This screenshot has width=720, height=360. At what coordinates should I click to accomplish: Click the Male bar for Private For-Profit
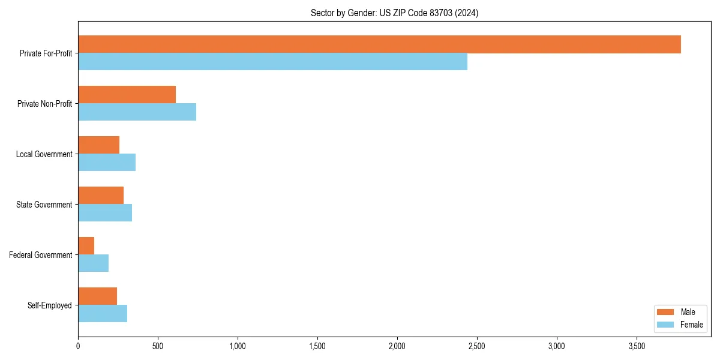point(379,44)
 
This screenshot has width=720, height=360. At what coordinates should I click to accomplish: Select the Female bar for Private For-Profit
point(272,62)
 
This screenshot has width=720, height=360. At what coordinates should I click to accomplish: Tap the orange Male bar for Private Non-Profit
point(127,95)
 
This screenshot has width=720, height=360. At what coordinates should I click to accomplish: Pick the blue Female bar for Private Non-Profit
point(137,112)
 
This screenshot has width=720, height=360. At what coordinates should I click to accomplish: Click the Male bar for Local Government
point(98,145)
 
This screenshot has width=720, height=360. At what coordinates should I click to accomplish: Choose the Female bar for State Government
point(105,213)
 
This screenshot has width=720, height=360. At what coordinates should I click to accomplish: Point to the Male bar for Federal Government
point(86,246)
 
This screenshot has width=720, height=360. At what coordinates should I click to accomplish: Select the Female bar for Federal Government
point(93,263)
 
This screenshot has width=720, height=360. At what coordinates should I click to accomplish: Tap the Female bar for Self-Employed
point(103,314)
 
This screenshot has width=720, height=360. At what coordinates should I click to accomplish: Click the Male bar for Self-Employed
point(97,296)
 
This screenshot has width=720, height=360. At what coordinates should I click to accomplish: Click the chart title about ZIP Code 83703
point(394,13)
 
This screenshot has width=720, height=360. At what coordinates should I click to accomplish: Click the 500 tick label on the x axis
point(158,346)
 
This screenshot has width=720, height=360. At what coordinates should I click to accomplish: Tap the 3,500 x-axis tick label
point(637,346)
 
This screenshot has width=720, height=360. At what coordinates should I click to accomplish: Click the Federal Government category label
point(41,255)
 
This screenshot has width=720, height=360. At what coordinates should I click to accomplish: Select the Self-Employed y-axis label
point(50,305)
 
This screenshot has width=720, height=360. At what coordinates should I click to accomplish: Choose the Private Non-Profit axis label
point(44,104)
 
